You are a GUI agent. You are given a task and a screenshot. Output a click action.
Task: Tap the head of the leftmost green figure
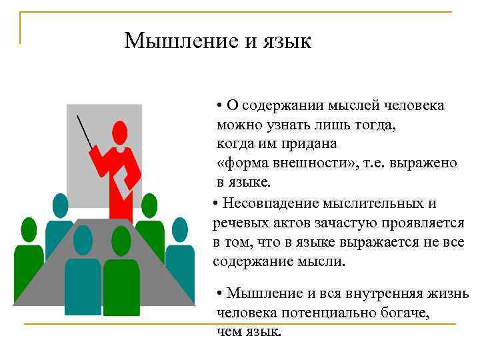click(x=29, y=229)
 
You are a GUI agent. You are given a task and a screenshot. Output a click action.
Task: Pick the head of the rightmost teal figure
click(x=180, y=229)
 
